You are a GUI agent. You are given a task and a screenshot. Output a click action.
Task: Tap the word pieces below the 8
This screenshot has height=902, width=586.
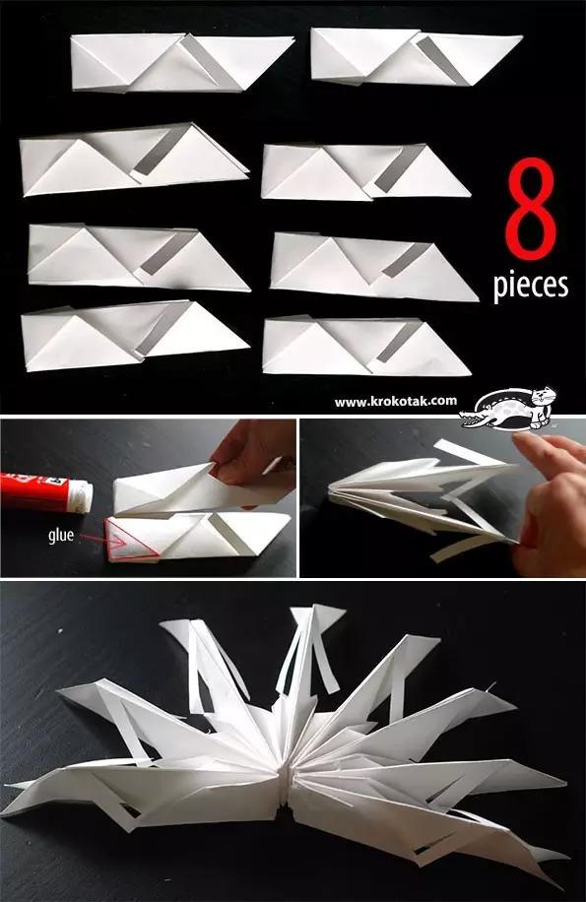click(530, 284)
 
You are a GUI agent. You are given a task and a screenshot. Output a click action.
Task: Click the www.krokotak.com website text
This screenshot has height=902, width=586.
click(396, 402)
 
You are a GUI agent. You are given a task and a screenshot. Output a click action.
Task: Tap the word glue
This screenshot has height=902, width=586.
click(61, 536)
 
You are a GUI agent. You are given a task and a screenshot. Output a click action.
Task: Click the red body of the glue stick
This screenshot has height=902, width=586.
click(34, 490)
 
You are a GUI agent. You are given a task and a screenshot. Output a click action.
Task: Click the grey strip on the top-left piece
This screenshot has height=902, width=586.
click(211, 63)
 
